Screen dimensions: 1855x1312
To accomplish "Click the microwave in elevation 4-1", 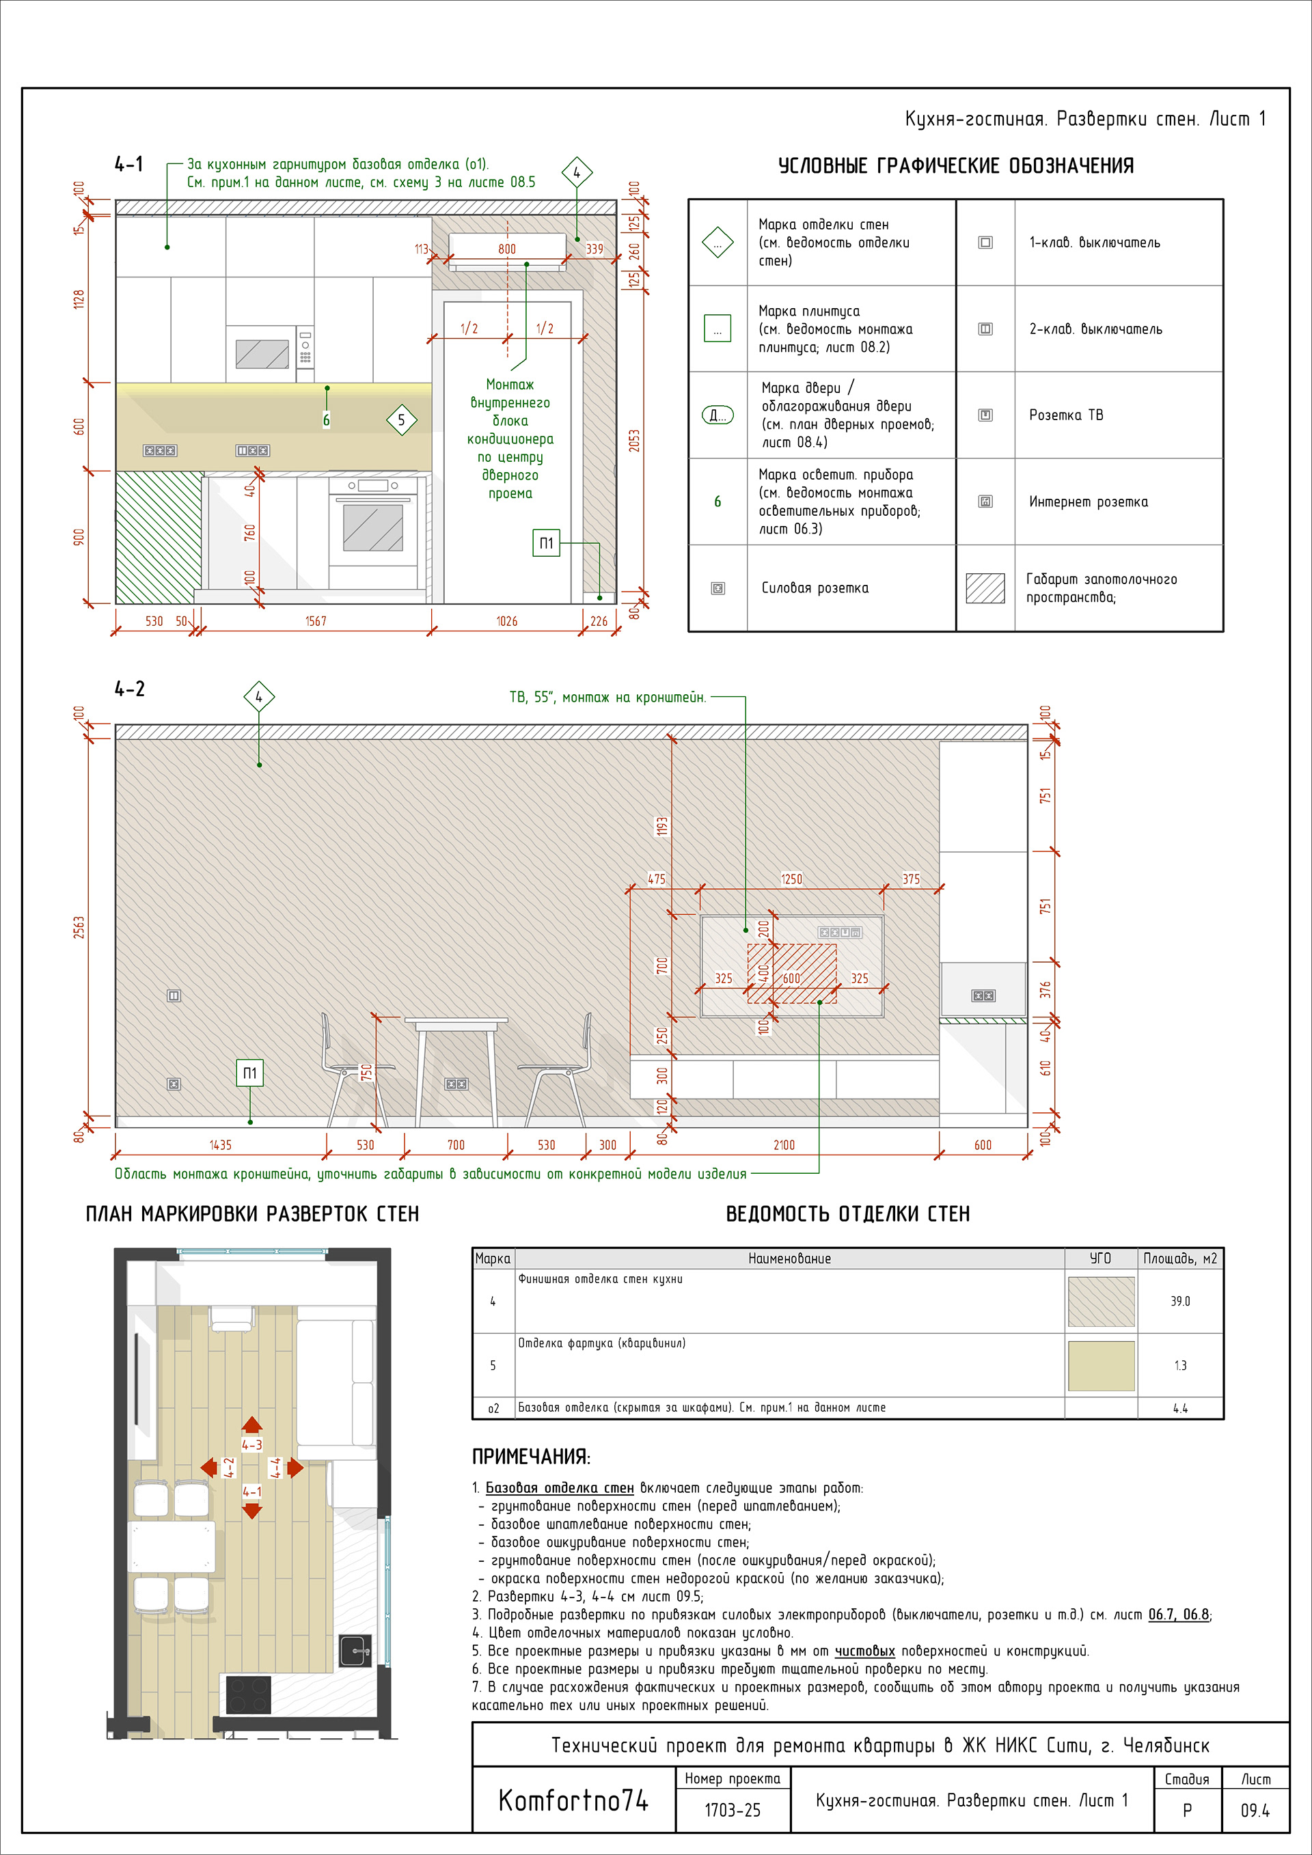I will (262, 354).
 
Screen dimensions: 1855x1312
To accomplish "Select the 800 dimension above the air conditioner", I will (506, 249).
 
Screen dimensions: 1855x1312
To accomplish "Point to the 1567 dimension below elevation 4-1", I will (315, 621).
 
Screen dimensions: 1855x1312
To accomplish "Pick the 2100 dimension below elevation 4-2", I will (784, 1145).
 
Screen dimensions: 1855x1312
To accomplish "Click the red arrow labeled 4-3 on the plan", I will (252, 1426).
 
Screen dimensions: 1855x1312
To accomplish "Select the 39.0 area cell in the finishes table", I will (1179, 1302).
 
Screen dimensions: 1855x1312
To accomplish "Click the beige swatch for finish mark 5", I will (1100, 1365).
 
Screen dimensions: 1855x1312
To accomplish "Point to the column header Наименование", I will (789, 1259).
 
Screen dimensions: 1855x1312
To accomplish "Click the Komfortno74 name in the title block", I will (573, 1801).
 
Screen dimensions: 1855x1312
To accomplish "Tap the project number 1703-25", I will (732, 1811).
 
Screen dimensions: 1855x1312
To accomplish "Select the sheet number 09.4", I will (1255, 1811).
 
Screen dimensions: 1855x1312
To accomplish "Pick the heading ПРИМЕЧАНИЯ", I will (531, 1457).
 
